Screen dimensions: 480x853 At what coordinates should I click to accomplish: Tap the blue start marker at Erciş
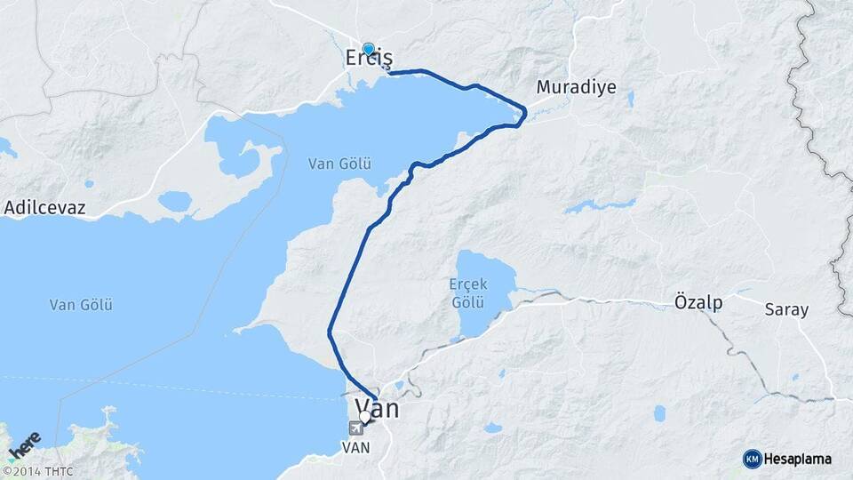[369, 49]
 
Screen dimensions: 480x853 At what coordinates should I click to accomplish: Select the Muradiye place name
[576, 88]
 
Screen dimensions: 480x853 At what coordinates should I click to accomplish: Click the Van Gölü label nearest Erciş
[339, 164]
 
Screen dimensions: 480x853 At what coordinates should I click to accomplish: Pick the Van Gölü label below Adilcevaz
[81, 305]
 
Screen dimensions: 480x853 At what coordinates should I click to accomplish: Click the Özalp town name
[698, 302]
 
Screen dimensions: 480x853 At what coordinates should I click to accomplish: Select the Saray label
[786, 309]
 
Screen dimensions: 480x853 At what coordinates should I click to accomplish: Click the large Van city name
[377, 409]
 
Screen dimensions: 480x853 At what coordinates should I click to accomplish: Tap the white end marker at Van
[364, 416]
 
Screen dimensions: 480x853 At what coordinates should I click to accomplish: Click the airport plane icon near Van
[356, 428]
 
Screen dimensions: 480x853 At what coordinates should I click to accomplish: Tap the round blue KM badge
[753, 459]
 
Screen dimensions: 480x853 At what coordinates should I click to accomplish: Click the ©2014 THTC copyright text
[37, 471]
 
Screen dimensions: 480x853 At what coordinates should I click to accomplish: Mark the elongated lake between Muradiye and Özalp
[600, 206]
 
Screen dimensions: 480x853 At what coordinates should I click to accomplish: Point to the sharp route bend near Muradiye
[524, 112]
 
